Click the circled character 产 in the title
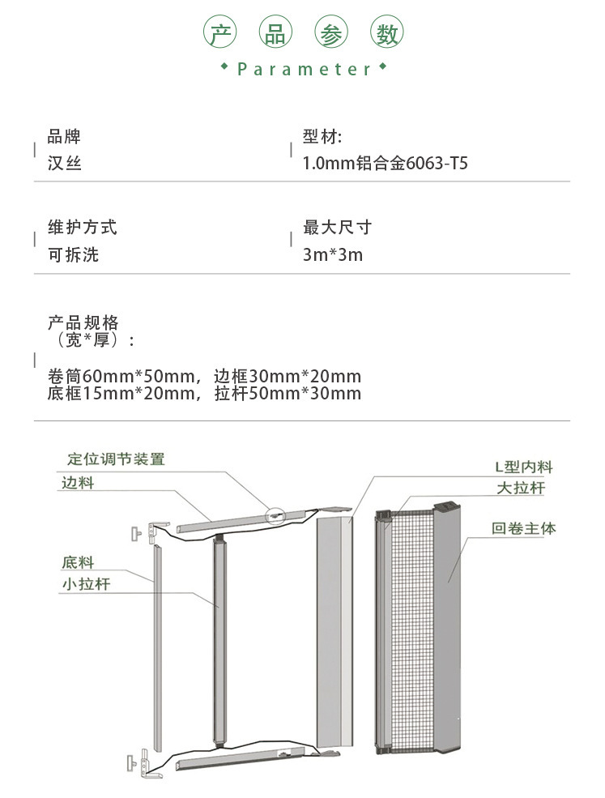click(x=220, y=32)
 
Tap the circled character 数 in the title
click(x=386, y=32)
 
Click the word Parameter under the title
click(x=305, y=69)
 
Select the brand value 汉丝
click(x=65, y=164)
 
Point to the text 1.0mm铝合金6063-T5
click(x=386, y=164)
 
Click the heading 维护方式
click(x=83, y=227)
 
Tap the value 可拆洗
click(x=73, y=254)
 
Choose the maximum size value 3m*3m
click(x=333, y=254)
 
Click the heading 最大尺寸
click(x=338, y=227)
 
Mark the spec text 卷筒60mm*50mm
click(x=121, y=377)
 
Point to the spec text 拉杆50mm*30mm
click(x=288, y=394)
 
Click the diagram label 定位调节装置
click(x=116, y=459)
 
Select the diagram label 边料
click(x=78, y=483)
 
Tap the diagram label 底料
click(x=78, y=562)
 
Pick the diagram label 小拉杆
click(x=86, y=584)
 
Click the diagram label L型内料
click(x=524, y=467)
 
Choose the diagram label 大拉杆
click(x=521, y=488)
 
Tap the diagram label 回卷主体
click(x=523, y=528)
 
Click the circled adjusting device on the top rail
click(x=275, y=516)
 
